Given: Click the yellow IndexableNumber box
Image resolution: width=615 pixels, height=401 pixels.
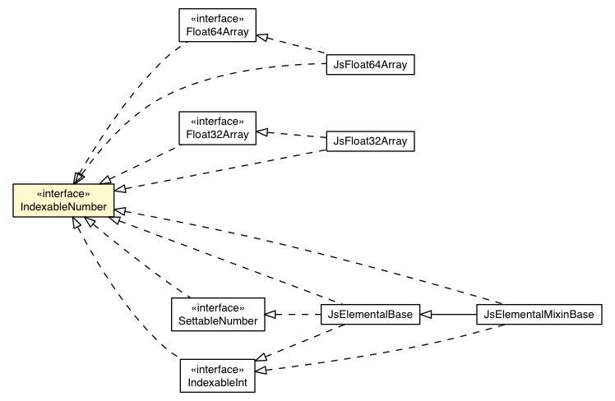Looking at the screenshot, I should click(x=62, y=200).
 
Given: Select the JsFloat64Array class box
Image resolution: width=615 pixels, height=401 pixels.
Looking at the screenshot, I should click(x=370, y=62).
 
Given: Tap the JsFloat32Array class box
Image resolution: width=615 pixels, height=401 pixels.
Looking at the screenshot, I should click(x=370, y=141).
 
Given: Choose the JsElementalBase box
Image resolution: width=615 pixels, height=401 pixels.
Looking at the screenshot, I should click(x=370, y=314).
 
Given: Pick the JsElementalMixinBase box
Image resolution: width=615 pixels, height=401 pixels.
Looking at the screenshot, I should click(x=539, y=314).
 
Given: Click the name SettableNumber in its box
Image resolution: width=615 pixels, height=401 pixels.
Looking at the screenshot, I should click(x=218, y=320).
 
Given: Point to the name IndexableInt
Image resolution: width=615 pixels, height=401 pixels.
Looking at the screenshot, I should click(x=218, y=382).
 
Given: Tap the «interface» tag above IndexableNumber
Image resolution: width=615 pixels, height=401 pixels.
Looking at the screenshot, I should click(x=62, y=194).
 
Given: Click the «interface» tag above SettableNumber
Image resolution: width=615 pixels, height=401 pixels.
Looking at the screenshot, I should click(x=218, y=307).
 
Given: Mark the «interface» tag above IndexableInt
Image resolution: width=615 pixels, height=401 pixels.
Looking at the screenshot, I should click(x=218, y=370).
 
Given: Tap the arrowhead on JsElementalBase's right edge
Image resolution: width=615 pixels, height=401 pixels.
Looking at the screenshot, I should click(x=427, y=314).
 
